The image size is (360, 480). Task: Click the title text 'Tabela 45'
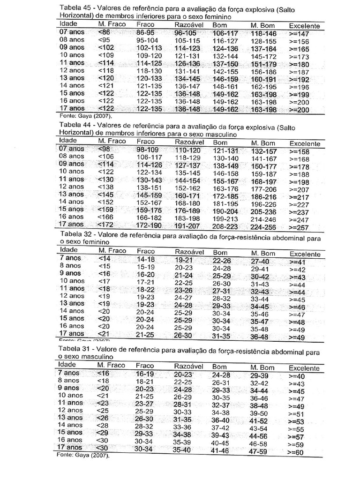coord(75,9)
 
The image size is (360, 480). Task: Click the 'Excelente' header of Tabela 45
coord(304,26)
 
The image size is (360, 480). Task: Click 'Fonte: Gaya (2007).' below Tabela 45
coord(86,115)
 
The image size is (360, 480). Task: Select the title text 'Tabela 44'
coord(75,125)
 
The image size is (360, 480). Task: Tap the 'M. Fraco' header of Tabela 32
coord(112,251)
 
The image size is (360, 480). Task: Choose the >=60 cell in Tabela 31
coord(297,451)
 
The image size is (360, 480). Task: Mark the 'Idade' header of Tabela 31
coord(67,365)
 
